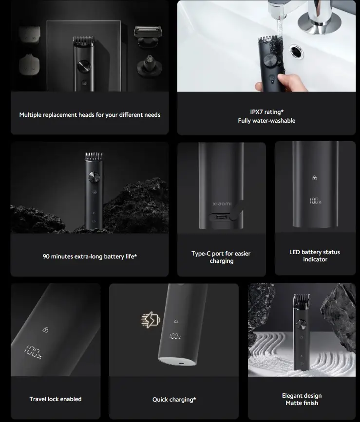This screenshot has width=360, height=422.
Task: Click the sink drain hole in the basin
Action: (297, 52)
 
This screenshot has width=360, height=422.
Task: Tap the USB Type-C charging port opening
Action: (220, 217)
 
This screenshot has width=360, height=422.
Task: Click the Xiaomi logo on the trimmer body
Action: (222, 204)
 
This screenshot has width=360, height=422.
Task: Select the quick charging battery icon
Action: (151, 319)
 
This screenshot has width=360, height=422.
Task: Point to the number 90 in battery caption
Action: (46, 257)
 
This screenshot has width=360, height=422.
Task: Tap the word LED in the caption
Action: (295, 252)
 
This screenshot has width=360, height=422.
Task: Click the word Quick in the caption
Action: (160, 400)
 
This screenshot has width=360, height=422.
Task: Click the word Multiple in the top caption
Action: (30, 115)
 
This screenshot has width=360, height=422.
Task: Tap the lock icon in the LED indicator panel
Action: (315, 178)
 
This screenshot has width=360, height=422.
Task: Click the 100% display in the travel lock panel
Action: (33, 352)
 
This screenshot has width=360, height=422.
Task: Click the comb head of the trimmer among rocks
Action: (94, 156)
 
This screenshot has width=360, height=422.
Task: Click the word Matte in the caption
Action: (294, 403)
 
